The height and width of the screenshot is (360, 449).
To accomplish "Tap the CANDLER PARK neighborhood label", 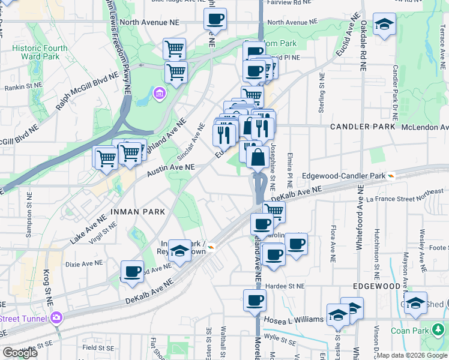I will (x=363, y=127).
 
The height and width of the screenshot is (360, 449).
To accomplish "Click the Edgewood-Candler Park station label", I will (x=343, y=176).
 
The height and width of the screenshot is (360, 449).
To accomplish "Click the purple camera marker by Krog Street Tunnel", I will (x=57, y=317).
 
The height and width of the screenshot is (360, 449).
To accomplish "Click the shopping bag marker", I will (x=258, y=158).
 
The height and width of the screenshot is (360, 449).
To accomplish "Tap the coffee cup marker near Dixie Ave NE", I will (x=132, y=271).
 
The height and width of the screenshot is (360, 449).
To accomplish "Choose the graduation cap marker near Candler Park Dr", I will (x=384, y=24).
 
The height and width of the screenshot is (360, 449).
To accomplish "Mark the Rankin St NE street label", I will (x=23, y=86).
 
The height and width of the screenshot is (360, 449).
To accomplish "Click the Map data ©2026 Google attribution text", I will (x=412, y=355).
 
